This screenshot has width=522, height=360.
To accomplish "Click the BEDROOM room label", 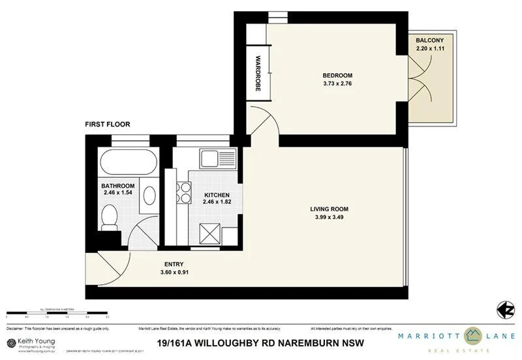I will pos(337,74).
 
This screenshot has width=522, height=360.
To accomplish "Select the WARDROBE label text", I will pos(258,72).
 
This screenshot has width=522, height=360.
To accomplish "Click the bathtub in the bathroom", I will pos(127,161).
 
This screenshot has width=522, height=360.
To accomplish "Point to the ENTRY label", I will pos(173,264).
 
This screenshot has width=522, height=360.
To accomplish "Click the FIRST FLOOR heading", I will pos(108,124).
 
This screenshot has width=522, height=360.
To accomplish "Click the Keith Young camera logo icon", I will pos(11,343).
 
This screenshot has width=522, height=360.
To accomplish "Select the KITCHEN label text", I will pos(216,195).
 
